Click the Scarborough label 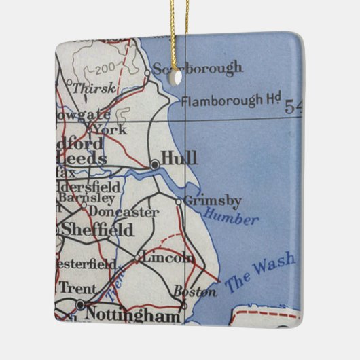tap(198, 68)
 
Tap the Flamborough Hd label tap(231, 101)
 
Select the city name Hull tap(180, 158)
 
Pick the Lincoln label tap(169, 258)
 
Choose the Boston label tap(196, 292)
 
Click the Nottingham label tap(132, 315)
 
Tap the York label tap(109, 129)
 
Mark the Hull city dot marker tap(155, 164)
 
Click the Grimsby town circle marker tap(179, 201)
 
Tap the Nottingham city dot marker tap(80, 305)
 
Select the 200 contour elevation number tap(104, 69)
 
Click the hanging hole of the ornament tap(178, 78)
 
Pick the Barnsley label tap(87, 198)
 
